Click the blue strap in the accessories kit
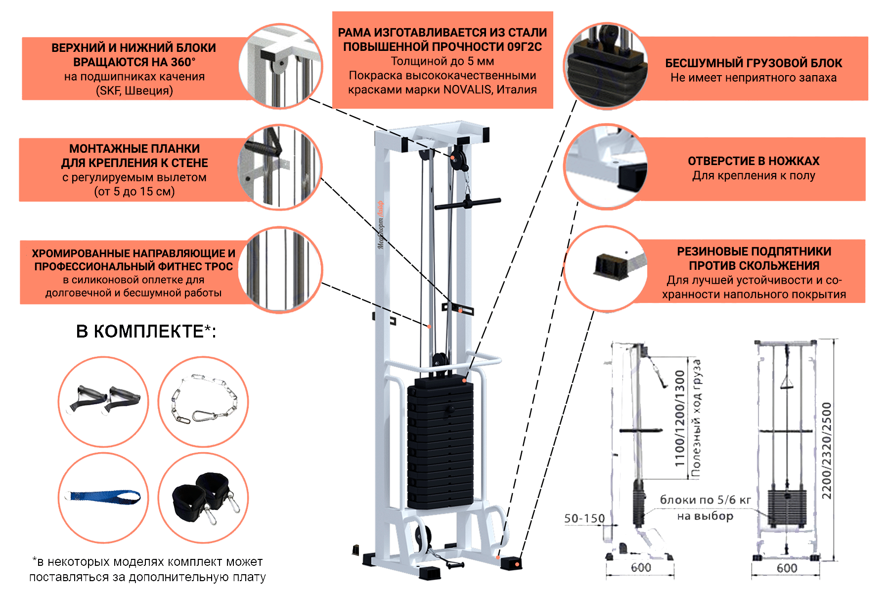coord(105,496)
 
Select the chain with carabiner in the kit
coord(203,400)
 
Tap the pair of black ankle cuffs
coord(204,496)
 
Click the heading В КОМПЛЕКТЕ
coord(146,331)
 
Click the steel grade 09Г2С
coord(524,47)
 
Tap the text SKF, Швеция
coord(134,91)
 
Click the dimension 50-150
coord(584,518)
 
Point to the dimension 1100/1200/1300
coord(680,418)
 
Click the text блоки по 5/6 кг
coord(705,500)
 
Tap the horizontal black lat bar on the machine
coord(468,204)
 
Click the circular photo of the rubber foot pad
coord(606,269)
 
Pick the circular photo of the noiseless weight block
coord(606,66)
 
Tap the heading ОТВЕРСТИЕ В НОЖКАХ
coord(754,161)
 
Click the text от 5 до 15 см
coord(134,192)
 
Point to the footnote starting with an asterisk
coord(147,569)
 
